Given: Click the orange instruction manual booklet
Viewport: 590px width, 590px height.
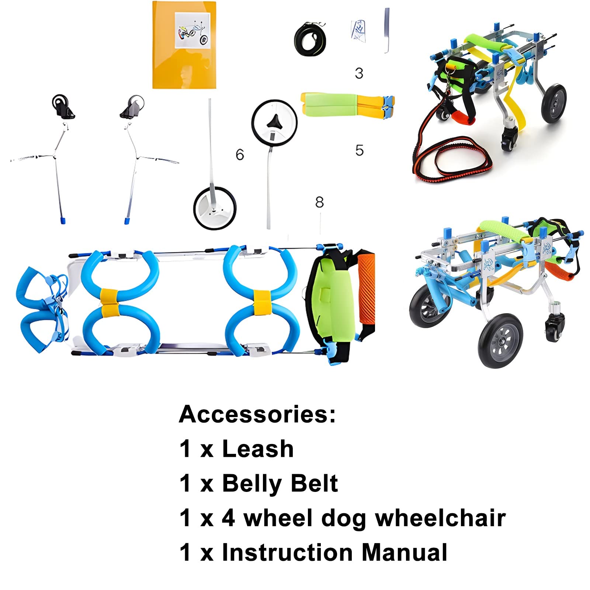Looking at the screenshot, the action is click(184, 45).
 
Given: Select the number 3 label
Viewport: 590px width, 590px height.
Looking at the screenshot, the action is click(359, 73).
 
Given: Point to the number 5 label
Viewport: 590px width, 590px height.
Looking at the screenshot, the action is click(360, 150).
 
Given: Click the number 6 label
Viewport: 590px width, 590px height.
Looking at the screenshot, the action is click(240, 155).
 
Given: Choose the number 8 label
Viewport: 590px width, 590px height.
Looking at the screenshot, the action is click(319, 202).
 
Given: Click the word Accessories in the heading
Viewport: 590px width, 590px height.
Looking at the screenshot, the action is click(257, 414).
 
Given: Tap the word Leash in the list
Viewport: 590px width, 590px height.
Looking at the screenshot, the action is click(258, 449).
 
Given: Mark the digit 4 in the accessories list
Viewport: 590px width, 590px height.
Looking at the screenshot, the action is click(228, 518).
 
